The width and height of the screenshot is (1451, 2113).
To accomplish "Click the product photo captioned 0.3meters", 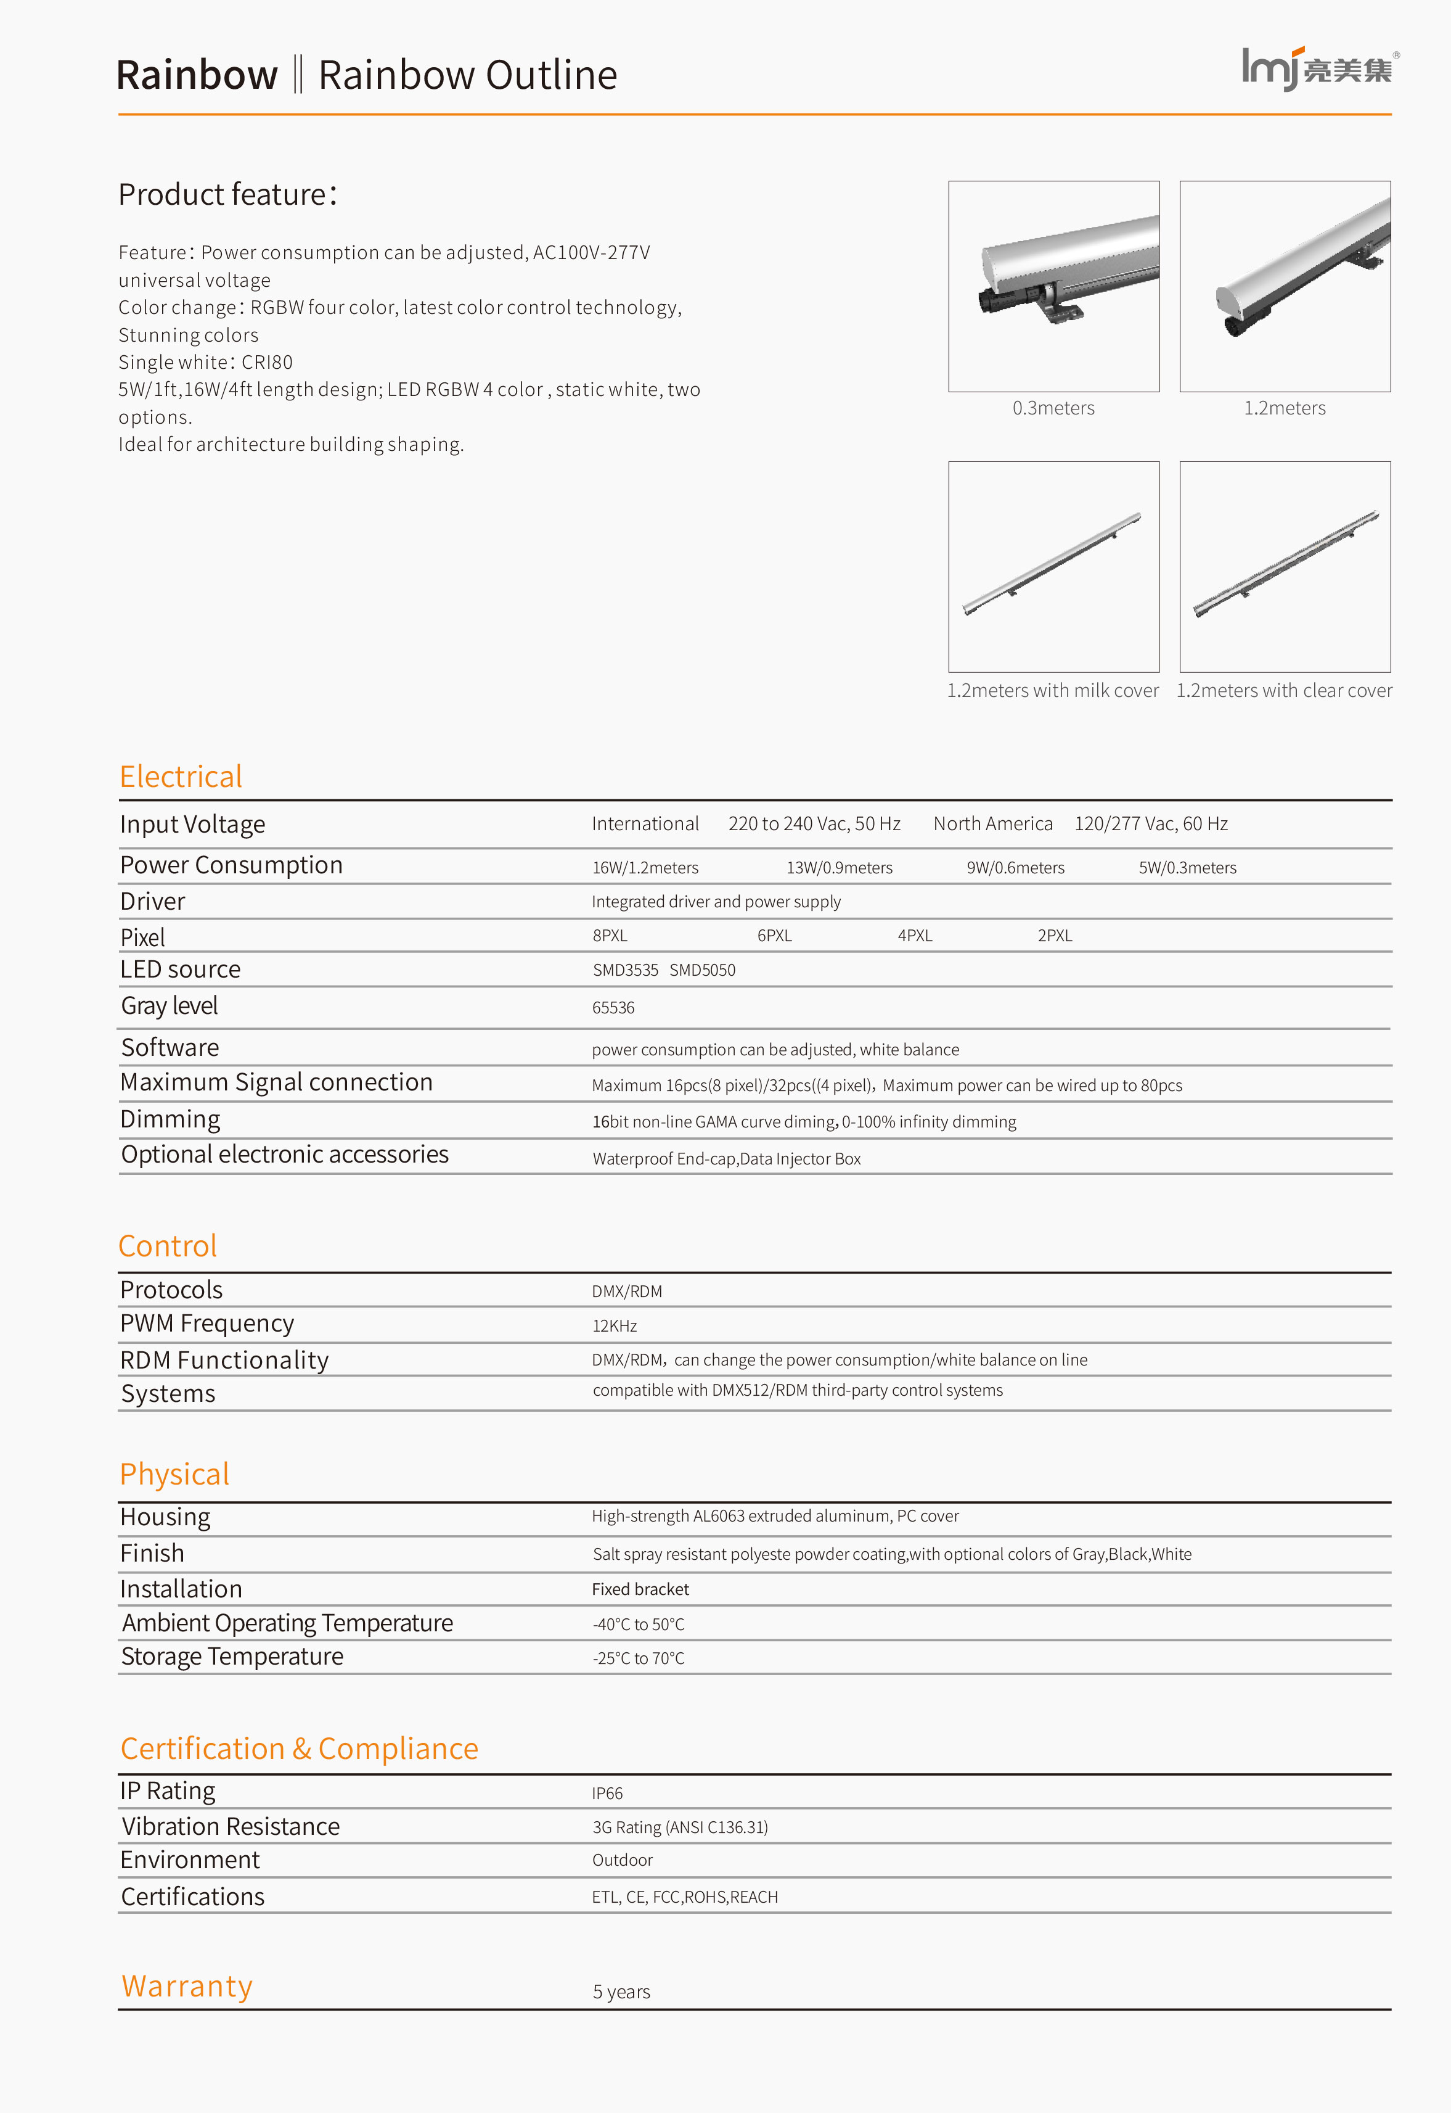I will click(x=1053, y=287).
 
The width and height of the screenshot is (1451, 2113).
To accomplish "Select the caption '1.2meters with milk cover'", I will click(x=1052, y=690).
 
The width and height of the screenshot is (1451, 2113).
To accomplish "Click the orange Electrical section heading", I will click(x=181, y=776).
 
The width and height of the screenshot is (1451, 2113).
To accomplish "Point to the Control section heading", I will click(x=168, y=1246).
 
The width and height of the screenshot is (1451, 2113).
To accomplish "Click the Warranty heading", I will click(x=187, y=1987).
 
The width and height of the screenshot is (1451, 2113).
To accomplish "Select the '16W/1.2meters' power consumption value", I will click(x=645, y=868).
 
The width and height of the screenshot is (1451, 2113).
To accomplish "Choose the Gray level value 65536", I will click(x=614, y=1008).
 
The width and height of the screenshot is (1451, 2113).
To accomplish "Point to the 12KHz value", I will click(x=615, y=1326).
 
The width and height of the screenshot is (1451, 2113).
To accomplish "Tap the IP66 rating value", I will click(x=607, y=1794).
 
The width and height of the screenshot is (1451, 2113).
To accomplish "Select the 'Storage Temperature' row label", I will click(x=233, y=1657).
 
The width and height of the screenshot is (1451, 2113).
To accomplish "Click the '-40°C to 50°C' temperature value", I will click(x=638, y=1625).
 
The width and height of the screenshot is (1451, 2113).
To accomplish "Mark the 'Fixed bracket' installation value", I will click(x=640, y=1589).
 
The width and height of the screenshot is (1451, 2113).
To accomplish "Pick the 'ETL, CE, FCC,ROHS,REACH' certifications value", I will click(x=685, y=1897).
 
